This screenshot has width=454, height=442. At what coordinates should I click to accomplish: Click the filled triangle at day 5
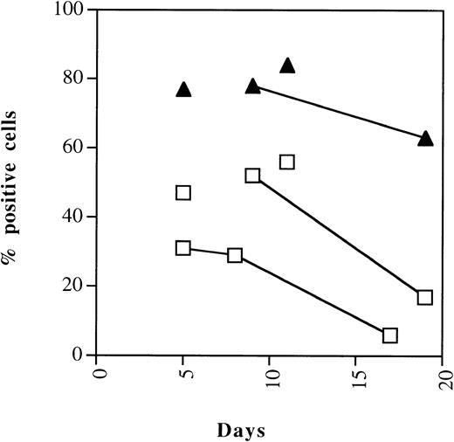coord(183,89)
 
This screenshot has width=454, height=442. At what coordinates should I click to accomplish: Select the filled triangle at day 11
coord(287,65)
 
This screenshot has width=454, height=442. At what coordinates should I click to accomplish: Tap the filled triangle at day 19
coord(425,138)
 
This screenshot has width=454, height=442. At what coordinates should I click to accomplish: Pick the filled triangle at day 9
coord(253,86)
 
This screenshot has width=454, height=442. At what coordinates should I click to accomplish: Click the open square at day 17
coord(390,335)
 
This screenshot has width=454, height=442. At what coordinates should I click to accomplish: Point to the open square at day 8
coord(235,255)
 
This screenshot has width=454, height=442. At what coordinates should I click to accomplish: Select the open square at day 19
coord(425,297)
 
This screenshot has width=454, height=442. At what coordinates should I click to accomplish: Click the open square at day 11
coord(287,162)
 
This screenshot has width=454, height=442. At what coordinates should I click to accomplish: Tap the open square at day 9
coord(253,176)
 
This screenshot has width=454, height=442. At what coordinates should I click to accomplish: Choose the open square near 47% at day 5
coord(183,193)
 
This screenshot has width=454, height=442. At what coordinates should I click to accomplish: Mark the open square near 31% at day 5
coord(183,248)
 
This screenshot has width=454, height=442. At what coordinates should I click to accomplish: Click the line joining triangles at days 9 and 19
coord(340,111)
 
